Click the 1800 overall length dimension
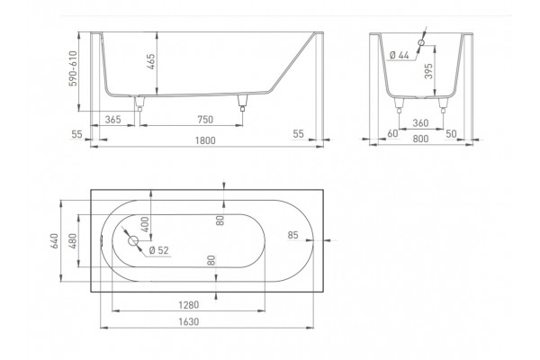point(205,140)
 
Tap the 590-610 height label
point(73,68)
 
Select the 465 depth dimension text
point(151,62)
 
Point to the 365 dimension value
point(113,120)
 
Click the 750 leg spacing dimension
point(205,120)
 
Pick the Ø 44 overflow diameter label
point(399,55)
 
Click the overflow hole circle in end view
point(421,42)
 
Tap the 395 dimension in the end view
point(428,71)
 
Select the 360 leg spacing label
point(420,123)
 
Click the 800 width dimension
point(420,139)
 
